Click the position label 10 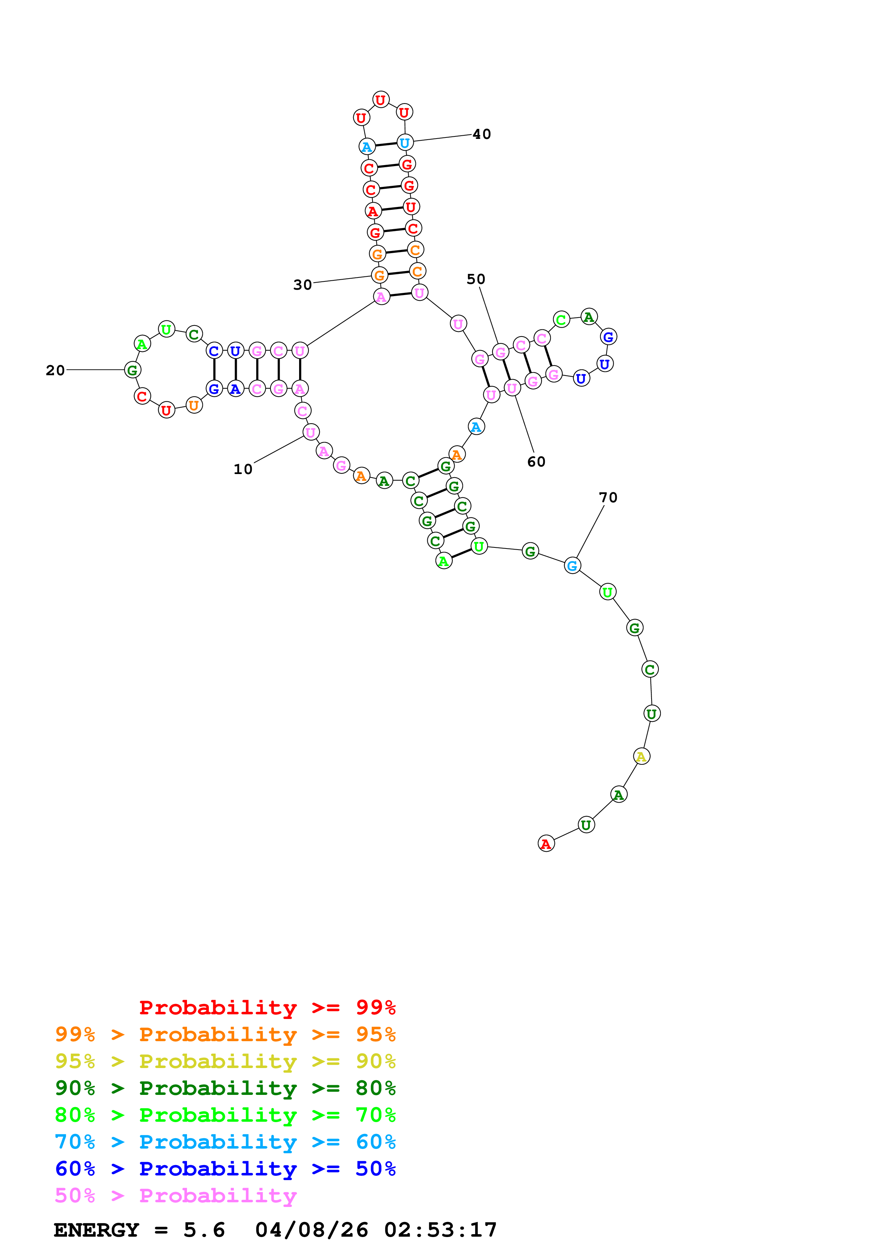(243, 469)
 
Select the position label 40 (481, 134)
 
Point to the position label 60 (536, 462)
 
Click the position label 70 (608, 497)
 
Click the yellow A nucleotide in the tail (641, 757)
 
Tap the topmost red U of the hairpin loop (381, 100)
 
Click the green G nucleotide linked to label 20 (133, 370)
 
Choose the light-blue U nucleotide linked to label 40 (405, 143)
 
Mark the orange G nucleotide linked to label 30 (379, 275)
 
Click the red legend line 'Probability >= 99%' (267, 1007)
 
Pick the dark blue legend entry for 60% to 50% (225, 1169)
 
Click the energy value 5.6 (204, 1230)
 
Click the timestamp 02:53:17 (441, 1230)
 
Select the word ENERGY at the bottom (96, 1230)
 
